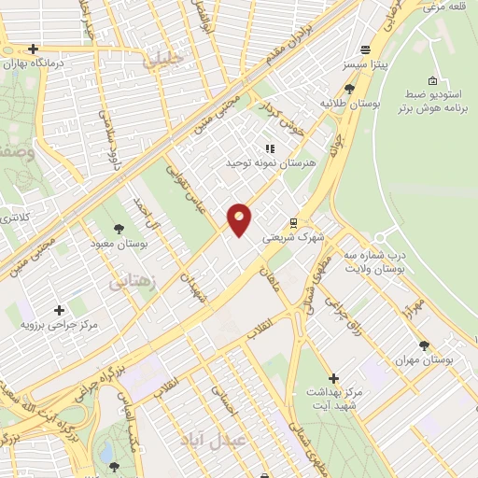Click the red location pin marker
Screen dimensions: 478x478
pyautogui.click(x=240, y=219)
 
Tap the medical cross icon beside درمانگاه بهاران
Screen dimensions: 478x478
pyautogui.click(x=34, y=49)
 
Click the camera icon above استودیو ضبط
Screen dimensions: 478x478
pyautogui.click(x=430, y=81)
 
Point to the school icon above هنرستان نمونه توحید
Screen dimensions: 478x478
pyautogui.click(x=270, y=148)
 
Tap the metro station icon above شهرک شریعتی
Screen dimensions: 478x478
pyautogui.click(x=293, y=223)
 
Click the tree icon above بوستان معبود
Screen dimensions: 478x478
pyautogui.click(x=119, y=229)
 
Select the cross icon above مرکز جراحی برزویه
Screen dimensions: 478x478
pyautogui.click(x=60, y=309)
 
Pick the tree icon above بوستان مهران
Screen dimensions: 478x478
pyautogui.click(x=424, y=344)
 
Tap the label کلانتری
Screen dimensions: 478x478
pyautogui.click(x=12, y=217)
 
